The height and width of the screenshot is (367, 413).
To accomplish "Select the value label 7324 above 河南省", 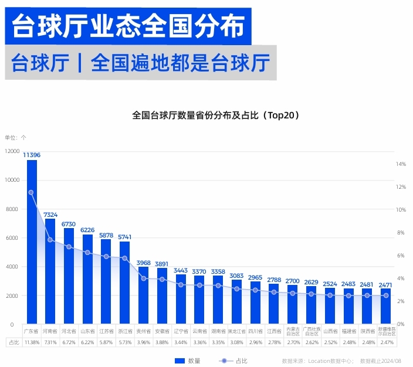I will point(50,215).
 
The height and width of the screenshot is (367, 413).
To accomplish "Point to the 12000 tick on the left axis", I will point(12,151).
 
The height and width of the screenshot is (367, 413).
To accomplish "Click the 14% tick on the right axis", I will point(401,164).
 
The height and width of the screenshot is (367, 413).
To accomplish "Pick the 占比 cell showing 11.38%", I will point(32,342).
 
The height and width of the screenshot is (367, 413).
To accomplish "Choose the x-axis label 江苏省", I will point(106,331).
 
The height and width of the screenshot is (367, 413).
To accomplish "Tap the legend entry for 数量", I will point(188,361).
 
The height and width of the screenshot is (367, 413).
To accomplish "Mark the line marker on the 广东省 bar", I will point(32,192).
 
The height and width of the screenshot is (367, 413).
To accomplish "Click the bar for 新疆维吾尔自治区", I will point(385,306).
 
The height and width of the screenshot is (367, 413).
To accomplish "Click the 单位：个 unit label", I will point(15,137).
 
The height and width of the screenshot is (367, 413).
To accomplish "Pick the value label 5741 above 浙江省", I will point(124,237).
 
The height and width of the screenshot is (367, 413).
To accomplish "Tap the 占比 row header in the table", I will point(13,342).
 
